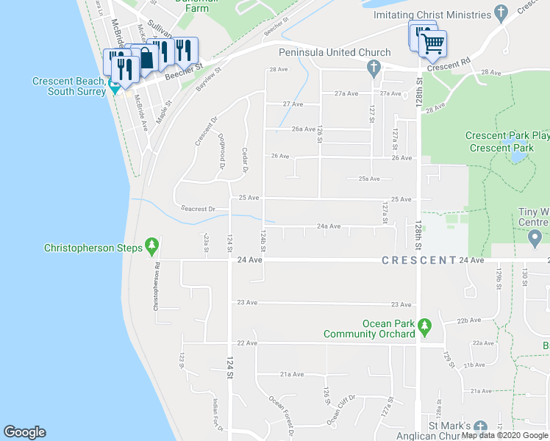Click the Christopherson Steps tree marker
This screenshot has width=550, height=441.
point(152,245)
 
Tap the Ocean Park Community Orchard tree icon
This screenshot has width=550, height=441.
point(424,326)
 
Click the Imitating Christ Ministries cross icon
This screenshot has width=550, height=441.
point(501,13)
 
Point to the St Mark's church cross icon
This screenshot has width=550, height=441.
point(480,427)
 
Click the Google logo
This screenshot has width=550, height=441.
point(24,432)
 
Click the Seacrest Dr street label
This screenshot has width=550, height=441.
point(199,209)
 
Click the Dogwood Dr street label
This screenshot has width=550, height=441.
point(221,150)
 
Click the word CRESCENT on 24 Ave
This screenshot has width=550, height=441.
point(418,260)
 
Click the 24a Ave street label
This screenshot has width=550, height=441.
point(329,226)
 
